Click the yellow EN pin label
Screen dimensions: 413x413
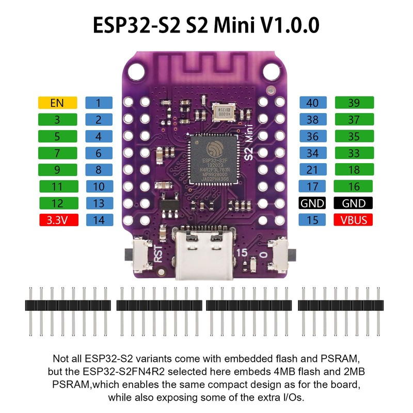(x=57, y=103)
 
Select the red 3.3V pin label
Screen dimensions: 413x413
(x=57, y=220)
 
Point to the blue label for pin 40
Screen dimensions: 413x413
(x=313, y=103)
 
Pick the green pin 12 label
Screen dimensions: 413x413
(x=57, y=203)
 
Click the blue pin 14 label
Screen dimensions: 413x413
(x=98, y=220)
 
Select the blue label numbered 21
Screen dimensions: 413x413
(x=313, y=170)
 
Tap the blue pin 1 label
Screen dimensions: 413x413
(x=98, y=103)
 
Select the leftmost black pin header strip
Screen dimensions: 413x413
(x=67, y=305)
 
